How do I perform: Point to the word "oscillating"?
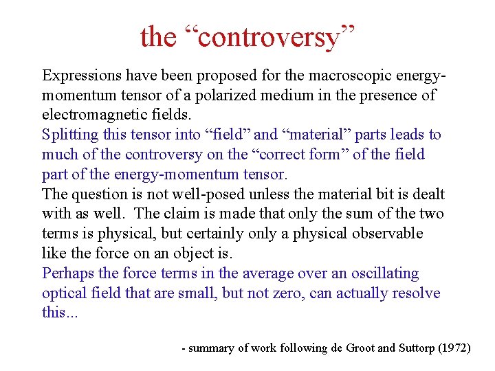point(384,273)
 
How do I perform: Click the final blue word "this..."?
point(60,313)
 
